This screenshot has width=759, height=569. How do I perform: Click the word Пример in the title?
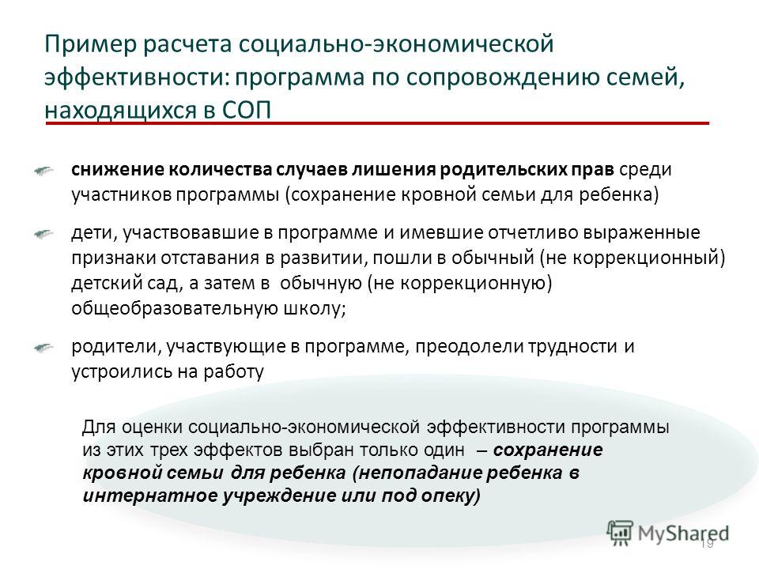91,45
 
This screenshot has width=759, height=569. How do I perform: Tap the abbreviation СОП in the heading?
247,111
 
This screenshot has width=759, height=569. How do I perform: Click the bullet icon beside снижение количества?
43,171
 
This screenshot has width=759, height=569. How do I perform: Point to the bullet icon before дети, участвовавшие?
43,234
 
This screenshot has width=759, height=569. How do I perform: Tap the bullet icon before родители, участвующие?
43,348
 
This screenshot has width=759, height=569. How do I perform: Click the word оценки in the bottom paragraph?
152,428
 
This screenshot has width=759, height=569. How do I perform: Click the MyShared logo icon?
620,533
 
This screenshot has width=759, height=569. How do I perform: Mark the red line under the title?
378,124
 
